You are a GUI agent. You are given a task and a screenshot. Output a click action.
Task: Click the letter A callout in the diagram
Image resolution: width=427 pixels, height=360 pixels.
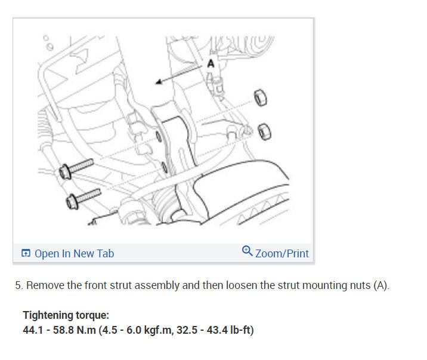[x=211, y=64]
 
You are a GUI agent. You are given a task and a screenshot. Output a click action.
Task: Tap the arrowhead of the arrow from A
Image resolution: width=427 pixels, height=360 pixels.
[x=159, y=81]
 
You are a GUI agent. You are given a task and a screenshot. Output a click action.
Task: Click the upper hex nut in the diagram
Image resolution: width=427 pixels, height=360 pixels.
[x=261, y=98]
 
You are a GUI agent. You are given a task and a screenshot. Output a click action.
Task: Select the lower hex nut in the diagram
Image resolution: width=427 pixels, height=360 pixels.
[x=264, y=131]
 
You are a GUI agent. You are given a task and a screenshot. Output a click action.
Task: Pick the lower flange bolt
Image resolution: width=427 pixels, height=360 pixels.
[x=83, y=199]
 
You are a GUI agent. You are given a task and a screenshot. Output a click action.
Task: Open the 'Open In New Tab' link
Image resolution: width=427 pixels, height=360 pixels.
[x=74, y=254]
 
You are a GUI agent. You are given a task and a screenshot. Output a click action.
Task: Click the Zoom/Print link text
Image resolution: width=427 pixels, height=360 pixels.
[x=282, y=254]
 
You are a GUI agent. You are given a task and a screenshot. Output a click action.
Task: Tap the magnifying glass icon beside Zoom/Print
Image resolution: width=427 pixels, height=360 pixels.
[x=247, y=251]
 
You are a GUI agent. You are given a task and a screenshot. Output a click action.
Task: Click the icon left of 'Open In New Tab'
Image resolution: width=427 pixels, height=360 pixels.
[x=26, y=253]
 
